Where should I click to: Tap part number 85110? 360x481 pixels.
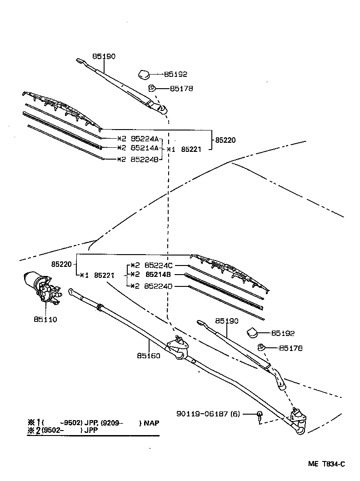[x=45, y=319]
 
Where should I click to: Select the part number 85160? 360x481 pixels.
[x=148, y=356]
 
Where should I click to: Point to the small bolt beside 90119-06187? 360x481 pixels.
[x=259, y=415]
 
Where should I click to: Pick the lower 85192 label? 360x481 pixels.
[x=283, y=333]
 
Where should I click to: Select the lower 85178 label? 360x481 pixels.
[x=290, y=348]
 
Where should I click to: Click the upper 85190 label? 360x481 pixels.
[x=104, y=56]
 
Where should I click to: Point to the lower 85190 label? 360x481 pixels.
[x=226, y=321]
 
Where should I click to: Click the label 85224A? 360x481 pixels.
[x=144, y=139]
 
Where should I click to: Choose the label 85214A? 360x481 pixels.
[x=144, y=148]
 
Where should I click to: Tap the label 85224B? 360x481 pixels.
[x=144, y=159]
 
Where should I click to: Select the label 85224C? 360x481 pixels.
[x=158, y=265]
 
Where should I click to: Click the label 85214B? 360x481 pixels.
[x=158, y=275]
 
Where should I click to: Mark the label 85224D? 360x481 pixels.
[x=158, y=286]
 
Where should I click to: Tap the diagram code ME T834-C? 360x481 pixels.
[x=326, y=464]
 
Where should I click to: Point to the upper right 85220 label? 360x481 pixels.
[x=225, y=140]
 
